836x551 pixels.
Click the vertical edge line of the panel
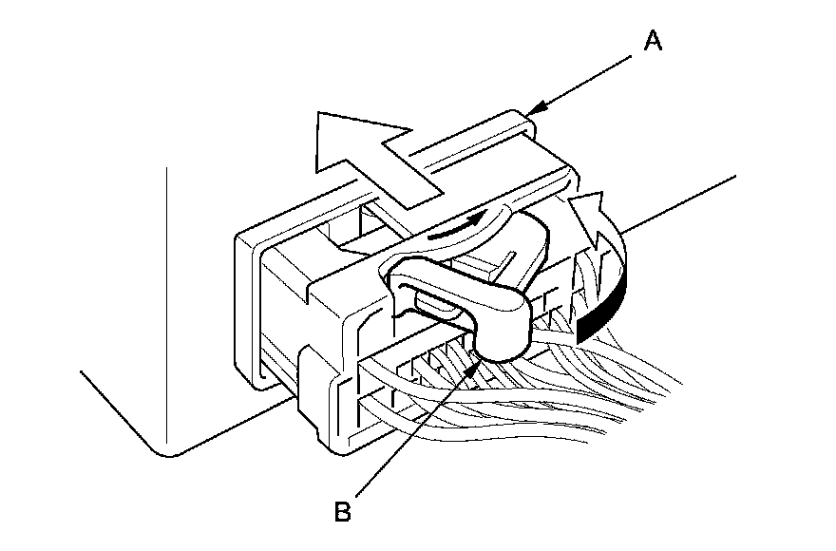point(168,304)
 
